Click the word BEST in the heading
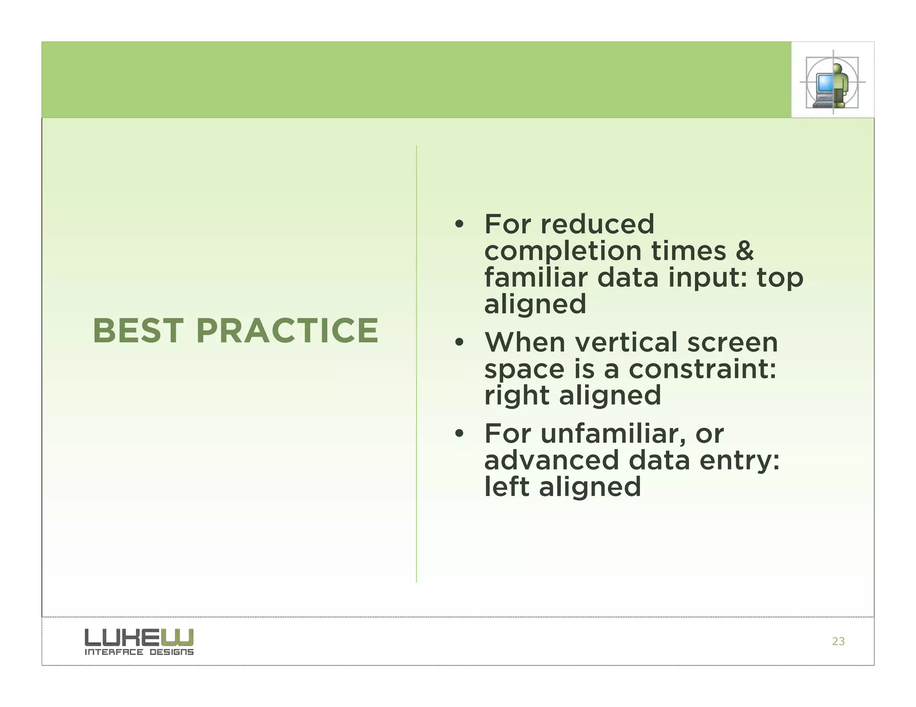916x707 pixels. pos(138,331)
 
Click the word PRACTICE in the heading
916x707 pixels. pos(287,331)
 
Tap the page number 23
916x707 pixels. pos(838,641)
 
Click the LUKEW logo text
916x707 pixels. pos(139,637)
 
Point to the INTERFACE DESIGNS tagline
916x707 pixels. pos(139,652)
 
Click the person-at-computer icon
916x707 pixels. pos(832,82)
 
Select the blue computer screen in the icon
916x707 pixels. pos(824,82)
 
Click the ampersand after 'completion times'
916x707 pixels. pos(744,251)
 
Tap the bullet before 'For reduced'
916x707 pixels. pos(459,224)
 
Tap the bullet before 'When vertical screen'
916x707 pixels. pos(459,343)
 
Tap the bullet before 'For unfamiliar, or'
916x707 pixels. pos(459,434)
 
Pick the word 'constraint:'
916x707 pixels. pos(702,369)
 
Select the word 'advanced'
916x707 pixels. pos(551,460)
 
